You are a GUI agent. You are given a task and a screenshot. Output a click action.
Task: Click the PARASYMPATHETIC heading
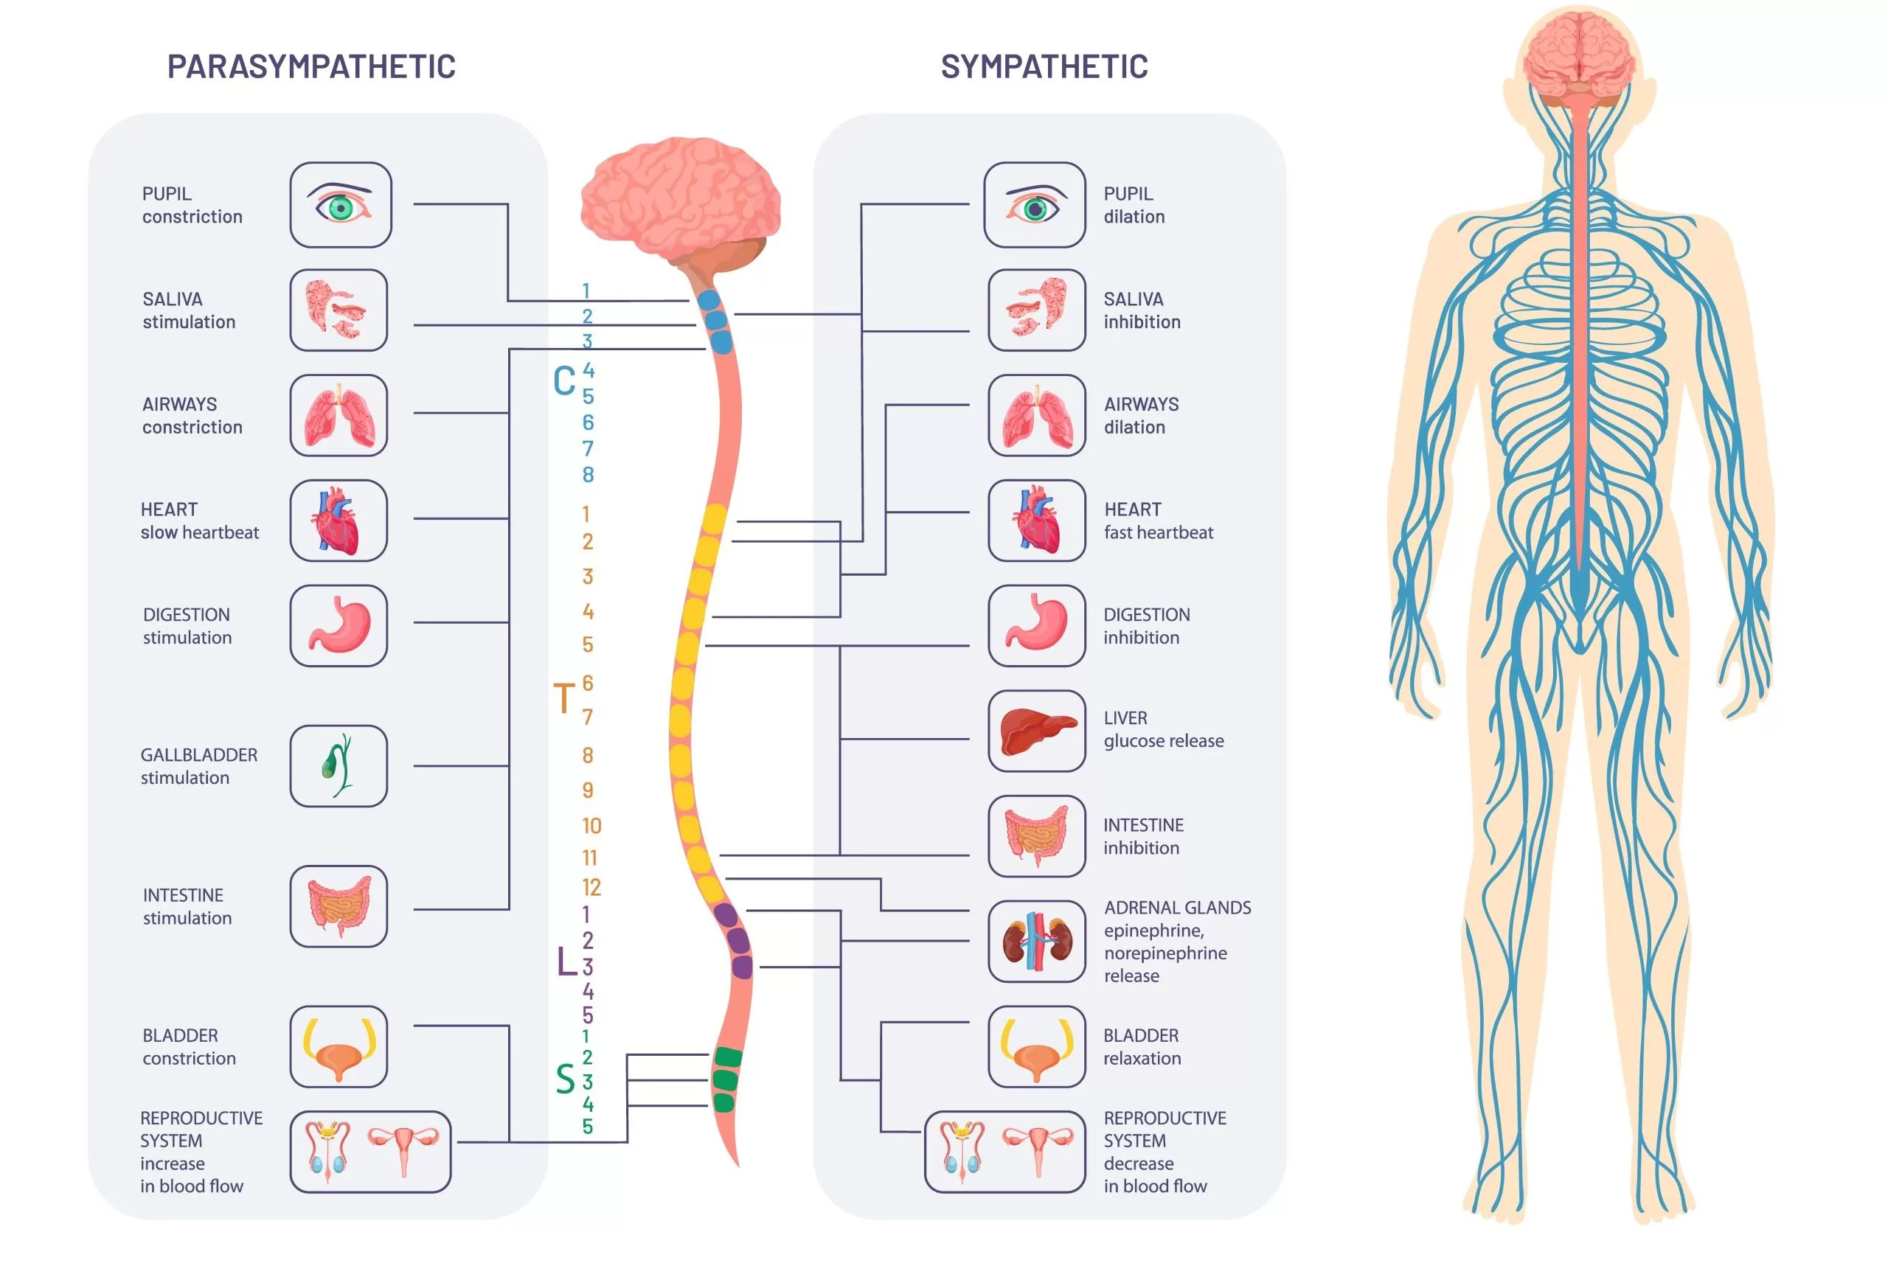click(311, 66)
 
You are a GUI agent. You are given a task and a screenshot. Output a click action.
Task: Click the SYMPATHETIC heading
click(1044, 66)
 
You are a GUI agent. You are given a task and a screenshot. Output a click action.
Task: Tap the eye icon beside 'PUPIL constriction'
click(341, 205)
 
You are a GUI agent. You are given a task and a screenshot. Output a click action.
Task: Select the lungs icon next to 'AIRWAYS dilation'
click(1037, 415)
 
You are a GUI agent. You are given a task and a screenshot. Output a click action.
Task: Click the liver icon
click(1037, 730)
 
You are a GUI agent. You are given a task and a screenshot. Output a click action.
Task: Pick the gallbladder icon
click(339, 765)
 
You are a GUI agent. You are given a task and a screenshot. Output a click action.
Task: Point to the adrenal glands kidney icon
click(1037, 941)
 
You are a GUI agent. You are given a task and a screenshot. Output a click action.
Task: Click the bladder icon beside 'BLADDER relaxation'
click(1037, 1046)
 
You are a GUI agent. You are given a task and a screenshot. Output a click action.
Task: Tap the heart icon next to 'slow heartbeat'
click(339, 521)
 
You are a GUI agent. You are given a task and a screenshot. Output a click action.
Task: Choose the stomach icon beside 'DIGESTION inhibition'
click(1037, 625)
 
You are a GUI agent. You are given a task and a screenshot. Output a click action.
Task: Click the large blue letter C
click(563, 381)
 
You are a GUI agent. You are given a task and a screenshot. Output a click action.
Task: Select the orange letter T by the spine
click(563, 698)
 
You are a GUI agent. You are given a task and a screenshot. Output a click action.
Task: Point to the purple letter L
click(566, 961)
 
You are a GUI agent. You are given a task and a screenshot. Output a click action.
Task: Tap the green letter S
click(566, 1079)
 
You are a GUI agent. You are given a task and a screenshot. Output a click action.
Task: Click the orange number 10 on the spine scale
click(591, 826)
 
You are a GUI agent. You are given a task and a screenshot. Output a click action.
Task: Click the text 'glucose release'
click(1163, 741)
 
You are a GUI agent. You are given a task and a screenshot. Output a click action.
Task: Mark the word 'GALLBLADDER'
click(199, 754)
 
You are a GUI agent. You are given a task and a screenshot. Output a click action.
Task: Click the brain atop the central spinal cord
click(681, 199)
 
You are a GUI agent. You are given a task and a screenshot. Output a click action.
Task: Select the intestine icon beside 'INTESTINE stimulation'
click(339, 905)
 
